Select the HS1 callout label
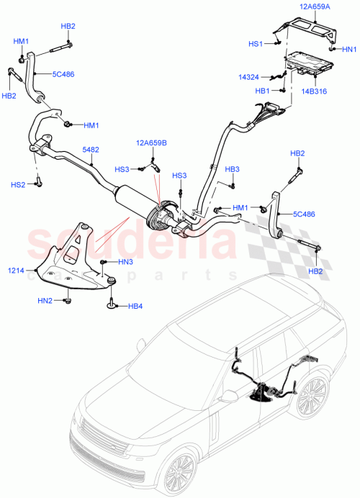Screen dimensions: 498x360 (x=256, y=44)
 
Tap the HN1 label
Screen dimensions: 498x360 (x=347, y=50)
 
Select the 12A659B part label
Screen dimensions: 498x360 (x=152, y=142)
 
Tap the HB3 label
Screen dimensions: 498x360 (x=233, y=169)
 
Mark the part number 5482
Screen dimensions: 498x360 (x=91, y=150)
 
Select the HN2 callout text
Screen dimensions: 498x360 (x=46, y=300)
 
